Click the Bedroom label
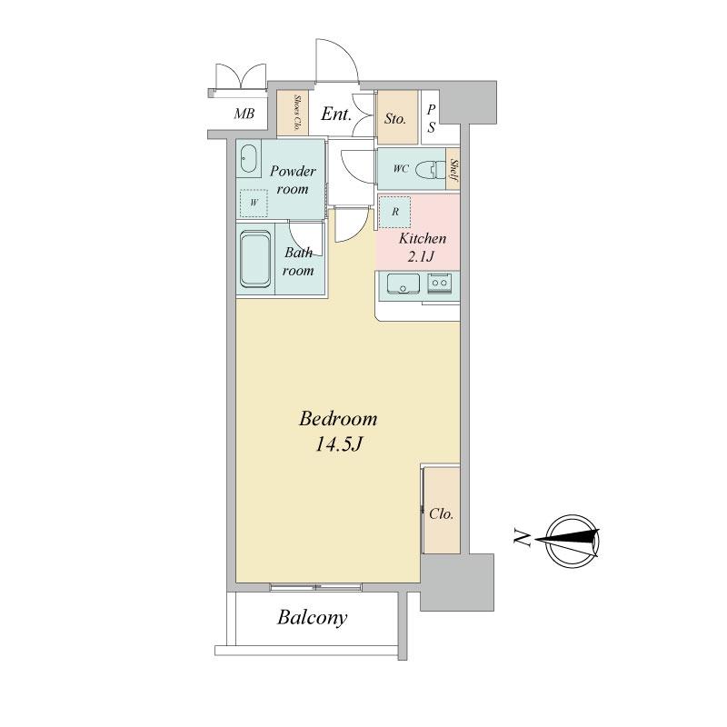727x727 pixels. [x=338, y=419]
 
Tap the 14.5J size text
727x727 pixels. [x=338, y=444]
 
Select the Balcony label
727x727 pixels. [x=312, y=618]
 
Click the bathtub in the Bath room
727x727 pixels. [x=255, y=260]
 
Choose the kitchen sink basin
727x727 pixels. [x=403, y=283]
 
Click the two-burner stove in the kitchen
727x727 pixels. [x=439, y=283]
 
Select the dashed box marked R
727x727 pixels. [x=394, y=212]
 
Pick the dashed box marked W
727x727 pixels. [x=254, y=203]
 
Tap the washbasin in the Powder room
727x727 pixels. [x=248, y=158]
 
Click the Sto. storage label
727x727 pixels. [x=395, y=119]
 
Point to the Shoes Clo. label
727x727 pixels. [x=296, y=112]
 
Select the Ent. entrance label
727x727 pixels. [x=336, y=115]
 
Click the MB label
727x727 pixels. [x=244, y=114]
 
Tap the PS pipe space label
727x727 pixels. [x=431, y=119]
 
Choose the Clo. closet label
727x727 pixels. [x=442, y=514]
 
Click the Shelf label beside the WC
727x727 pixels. [x=453, y=169]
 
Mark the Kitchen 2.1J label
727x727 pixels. [x=422, y=247]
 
